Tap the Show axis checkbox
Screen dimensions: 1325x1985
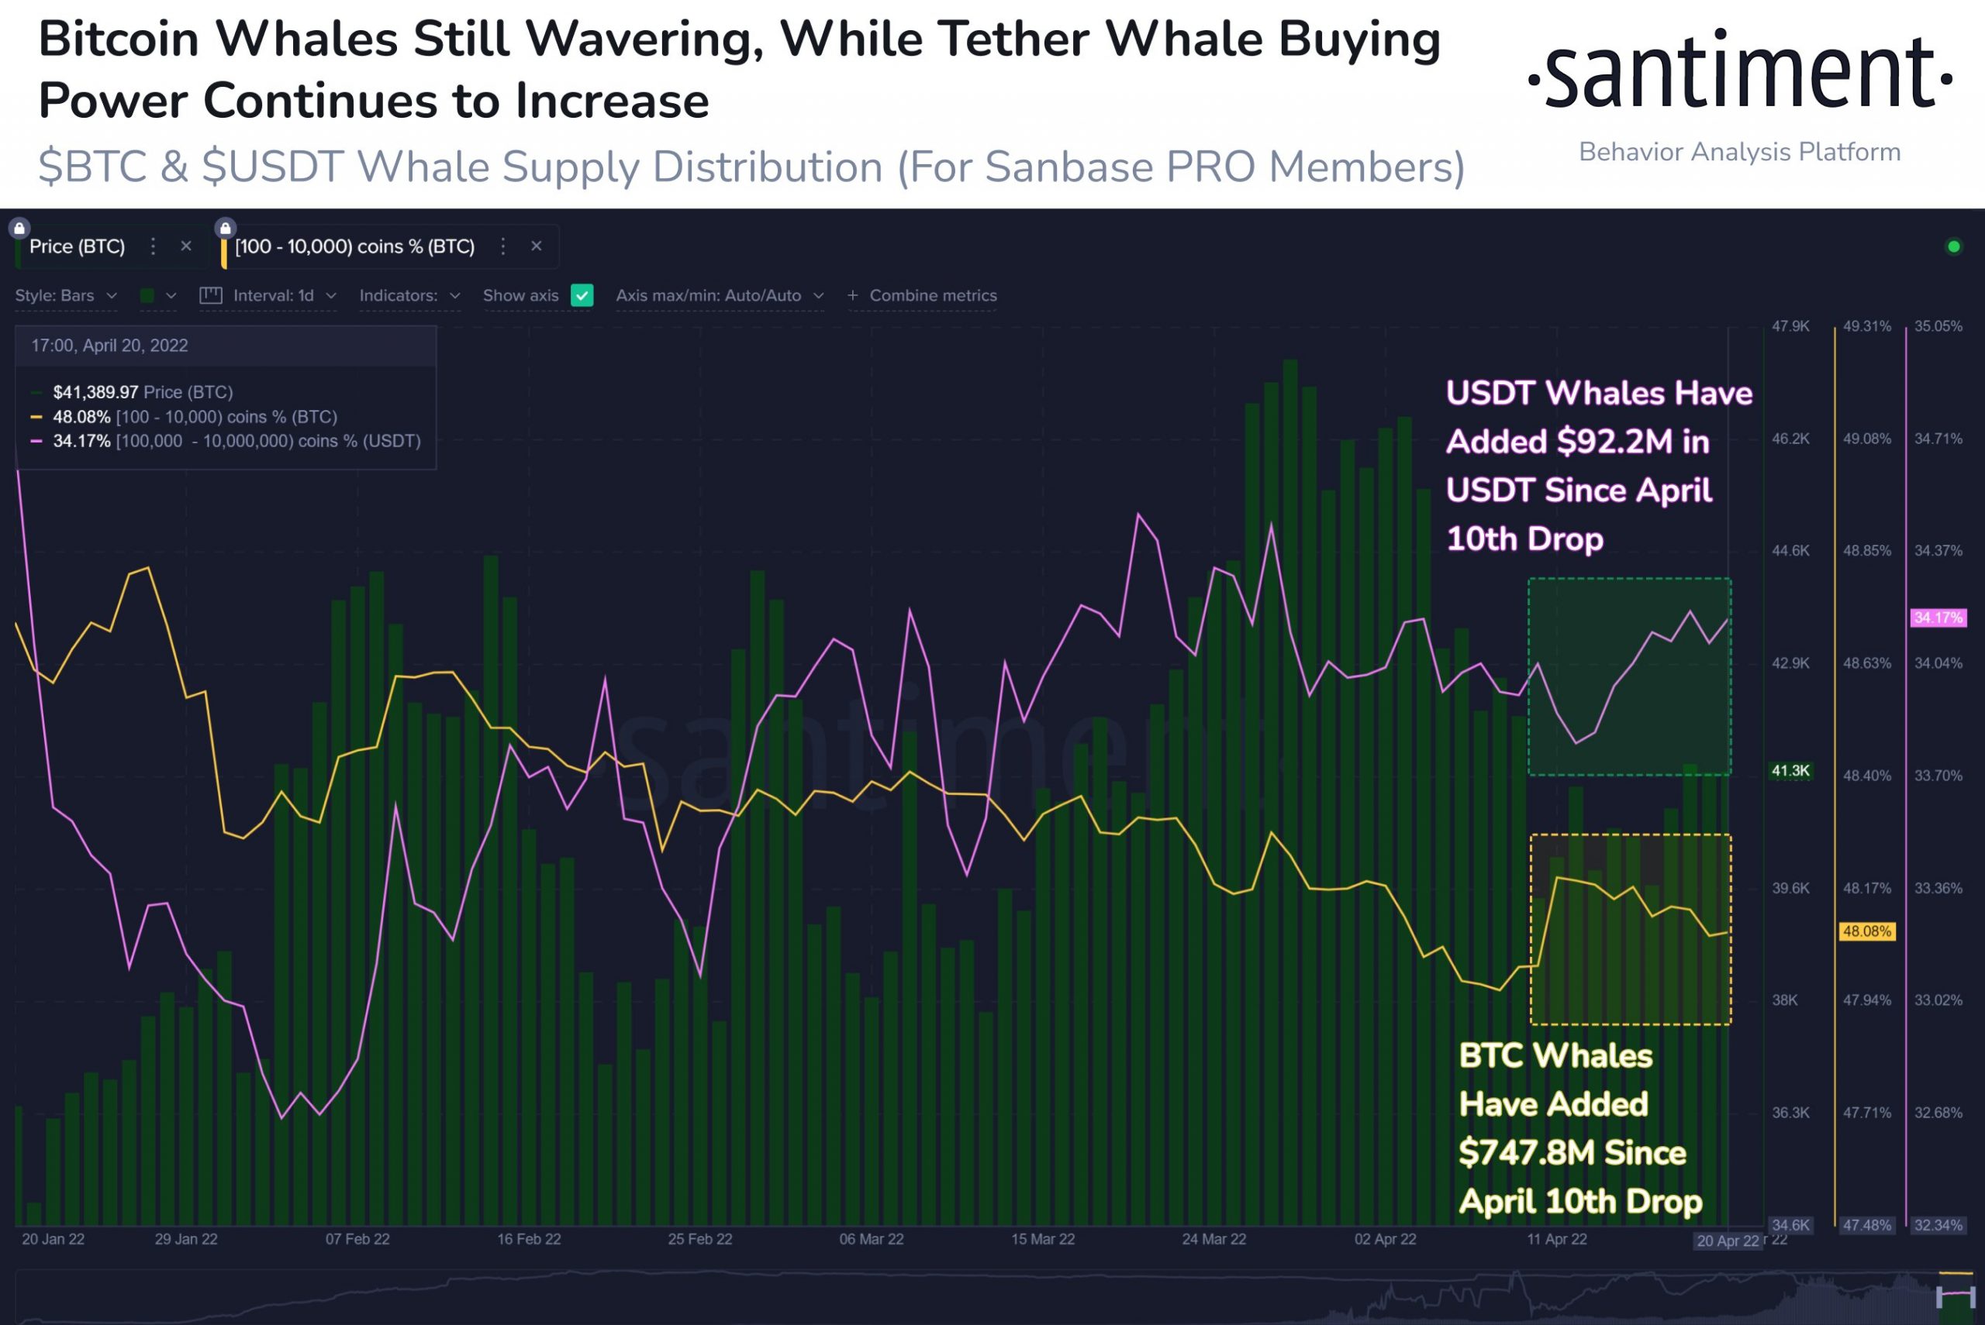(582, 296)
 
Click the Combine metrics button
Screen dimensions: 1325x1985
(923, 296)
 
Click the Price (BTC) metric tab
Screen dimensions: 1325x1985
(77, 246)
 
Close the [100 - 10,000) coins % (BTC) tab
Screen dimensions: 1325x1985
(536, 246)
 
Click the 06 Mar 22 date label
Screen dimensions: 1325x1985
(871, 1239)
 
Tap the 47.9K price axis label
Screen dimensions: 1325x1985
(1790, 326)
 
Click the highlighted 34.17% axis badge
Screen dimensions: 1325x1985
(1938, 618)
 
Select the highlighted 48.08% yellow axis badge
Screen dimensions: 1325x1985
(1866, 931)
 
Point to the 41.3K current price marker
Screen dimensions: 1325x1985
(1790, 771)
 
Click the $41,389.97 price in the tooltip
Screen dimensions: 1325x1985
(95, 392)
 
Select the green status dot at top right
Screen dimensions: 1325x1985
(1954, 246)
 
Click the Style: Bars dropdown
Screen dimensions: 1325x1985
(65, 296)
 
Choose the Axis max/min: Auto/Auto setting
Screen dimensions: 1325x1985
(719, 296)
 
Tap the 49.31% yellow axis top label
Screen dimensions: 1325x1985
(1866, 326)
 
